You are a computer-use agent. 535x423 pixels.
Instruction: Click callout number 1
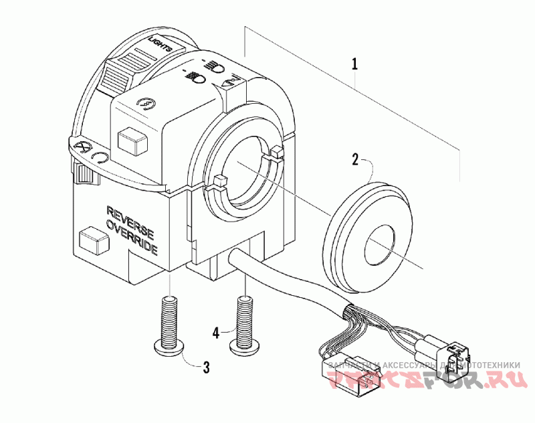pyautogui.click(x=354, y=64)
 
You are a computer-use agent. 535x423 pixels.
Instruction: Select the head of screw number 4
pyautogui.click(x=245, y=344)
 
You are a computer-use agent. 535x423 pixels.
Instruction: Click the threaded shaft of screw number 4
pyautogui.click(x=245, y=317)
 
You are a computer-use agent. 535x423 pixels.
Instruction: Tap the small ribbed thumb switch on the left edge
pyautogui.click(x=84, y=174)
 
